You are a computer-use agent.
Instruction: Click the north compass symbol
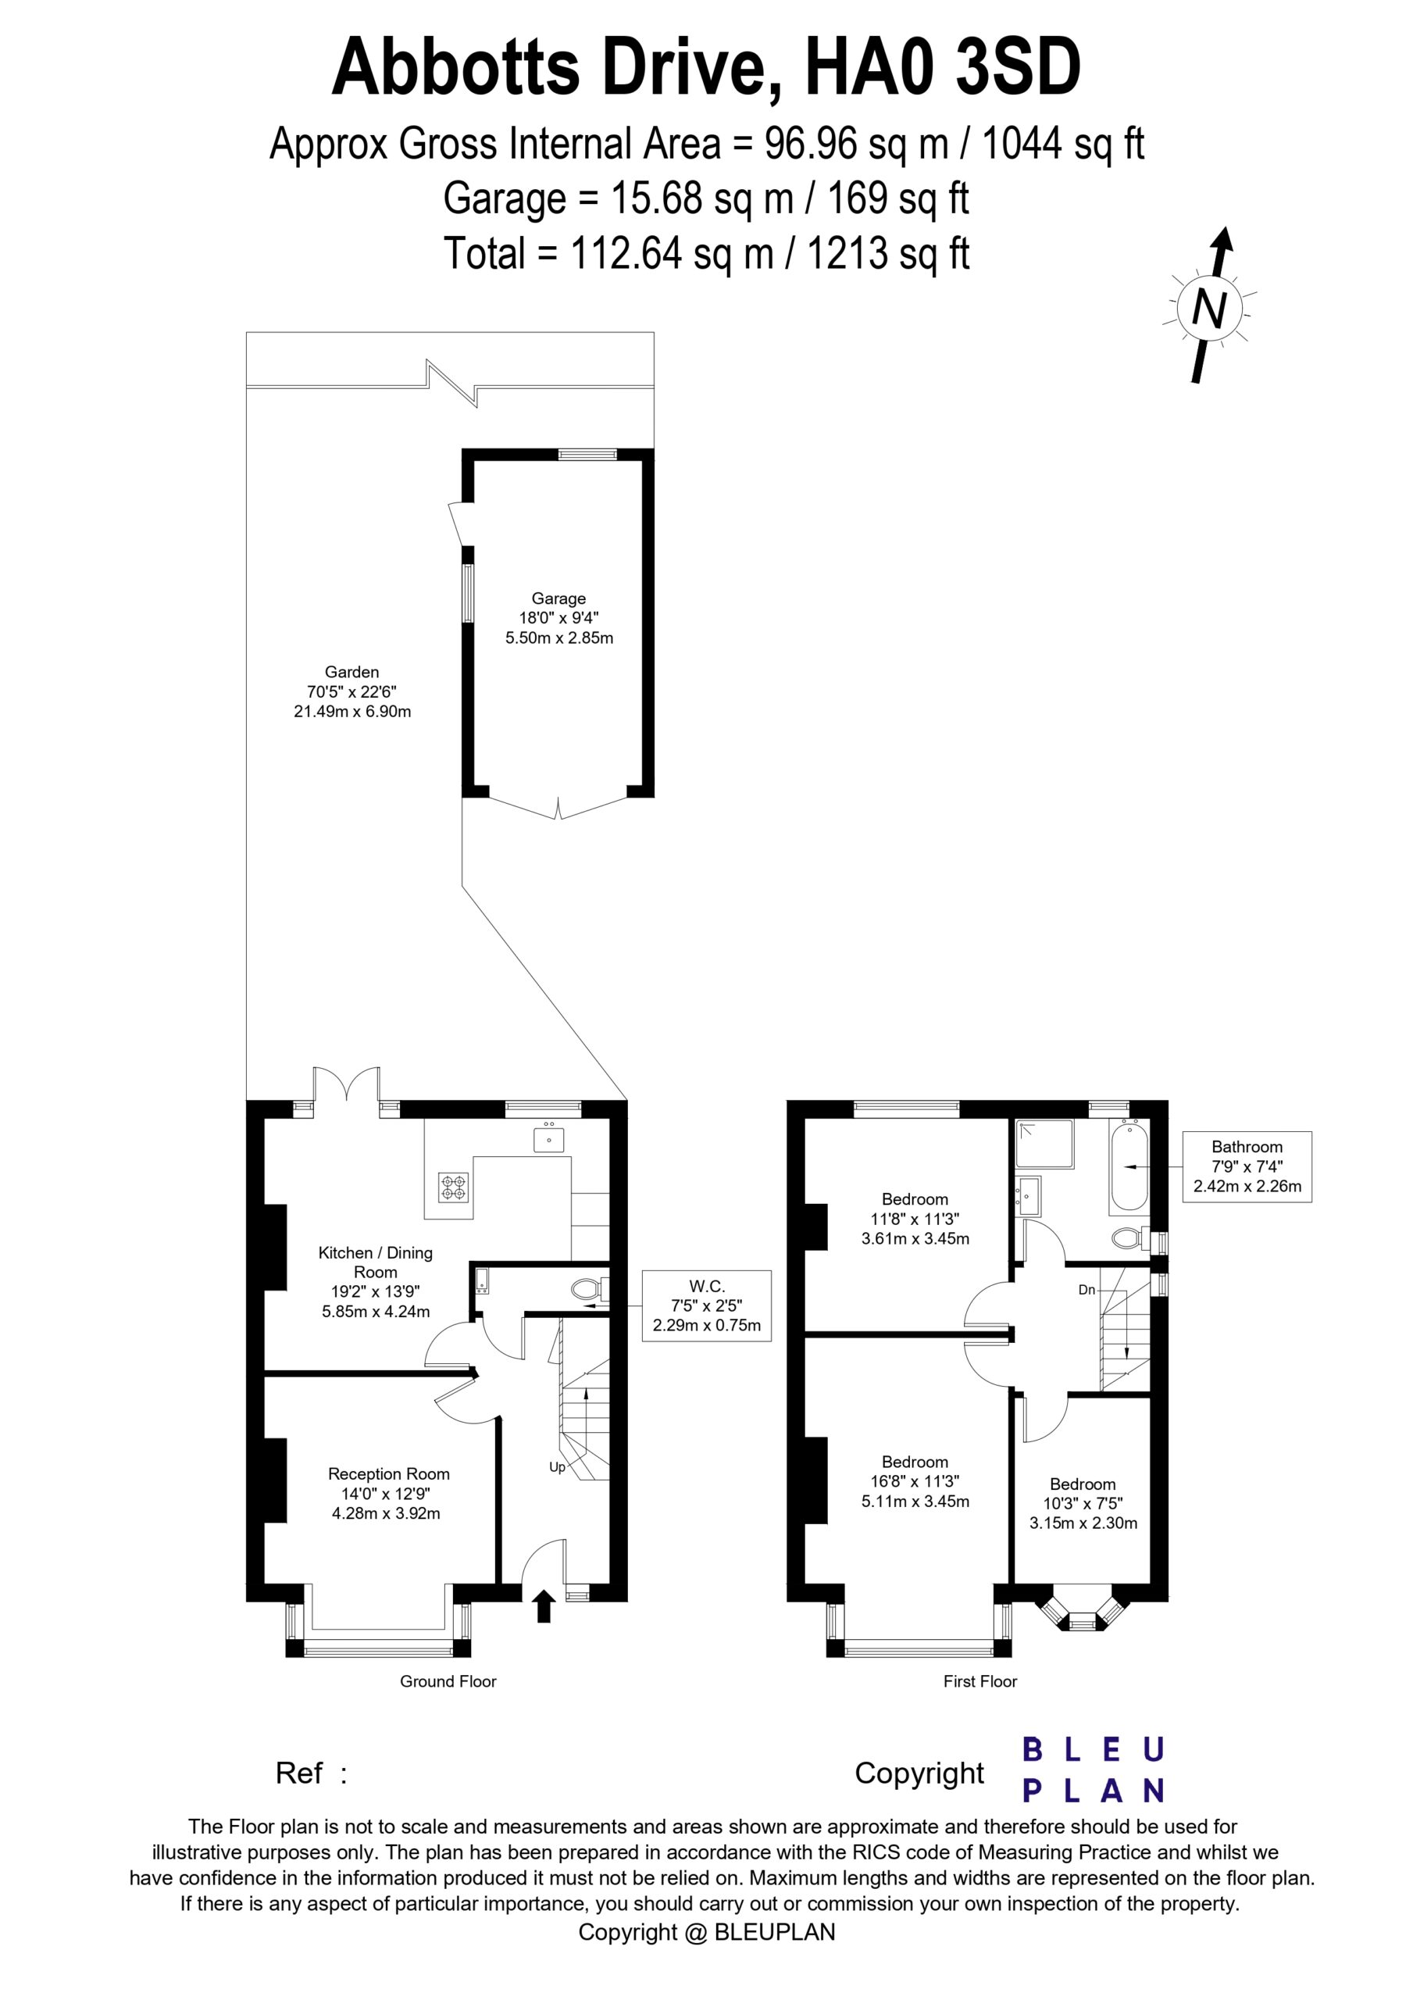1209,305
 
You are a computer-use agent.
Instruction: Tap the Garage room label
558,618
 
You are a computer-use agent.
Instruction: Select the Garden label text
352,691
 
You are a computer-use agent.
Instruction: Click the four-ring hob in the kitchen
454,1187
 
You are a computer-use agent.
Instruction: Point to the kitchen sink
549,1137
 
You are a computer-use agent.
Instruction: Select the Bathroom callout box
1247,1166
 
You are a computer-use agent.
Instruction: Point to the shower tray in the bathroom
1044,1144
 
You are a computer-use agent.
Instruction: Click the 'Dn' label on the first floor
1087,1289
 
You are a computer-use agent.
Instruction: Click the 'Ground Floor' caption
448,1681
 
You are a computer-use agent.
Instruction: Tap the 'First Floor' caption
980,1681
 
